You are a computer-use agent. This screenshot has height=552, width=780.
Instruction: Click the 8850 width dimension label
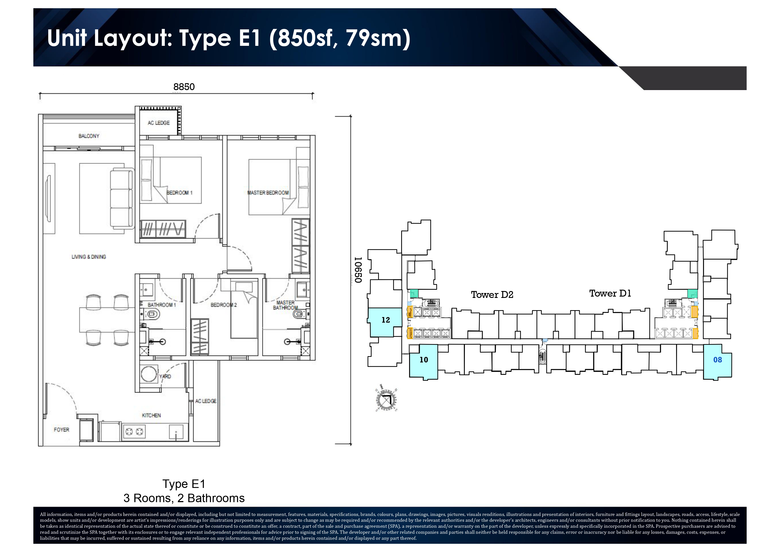click(184, 87)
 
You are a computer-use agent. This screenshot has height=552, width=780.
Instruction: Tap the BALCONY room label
click(89, 136)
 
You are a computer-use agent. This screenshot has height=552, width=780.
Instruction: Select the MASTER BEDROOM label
click(268, 193)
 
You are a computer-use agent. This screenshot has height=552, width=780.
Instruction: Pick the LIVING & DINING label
click(89, 257)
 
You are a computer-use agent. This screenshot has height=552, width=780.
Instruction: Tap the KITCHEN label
click(151, 415)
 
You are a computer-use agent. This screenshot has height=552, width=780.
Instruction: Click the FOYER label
click(62, 430)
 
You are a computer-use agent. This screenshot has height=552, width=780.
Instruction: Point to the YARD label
click(165, 376)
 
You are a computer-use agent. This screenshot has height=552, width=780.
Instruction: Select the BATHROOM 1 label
click(162, 305)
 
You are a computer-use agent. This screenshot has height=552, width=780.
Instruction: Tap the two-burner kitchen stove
click(134, 432)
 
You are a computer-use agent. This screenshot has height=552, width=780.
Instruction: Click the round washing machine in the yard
click(149, 374)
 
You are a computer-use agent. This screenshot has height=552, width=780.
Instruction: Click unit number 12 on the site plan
click(386, 320)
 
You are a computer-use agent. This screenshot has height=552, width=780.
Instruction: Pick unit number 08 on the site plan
click(718, 360)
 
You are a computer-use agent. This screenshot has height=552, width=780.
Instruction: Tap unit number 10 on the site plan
click(424, 360)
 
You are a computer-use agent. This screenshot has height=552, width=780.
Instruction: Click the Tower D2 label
click(492, 295)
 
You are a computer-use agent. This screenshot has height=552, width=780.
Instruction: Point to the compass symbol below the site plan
click(386, 400)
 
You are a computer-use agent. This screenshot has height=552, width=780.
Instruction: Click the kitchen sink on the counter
click(176, 432)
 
